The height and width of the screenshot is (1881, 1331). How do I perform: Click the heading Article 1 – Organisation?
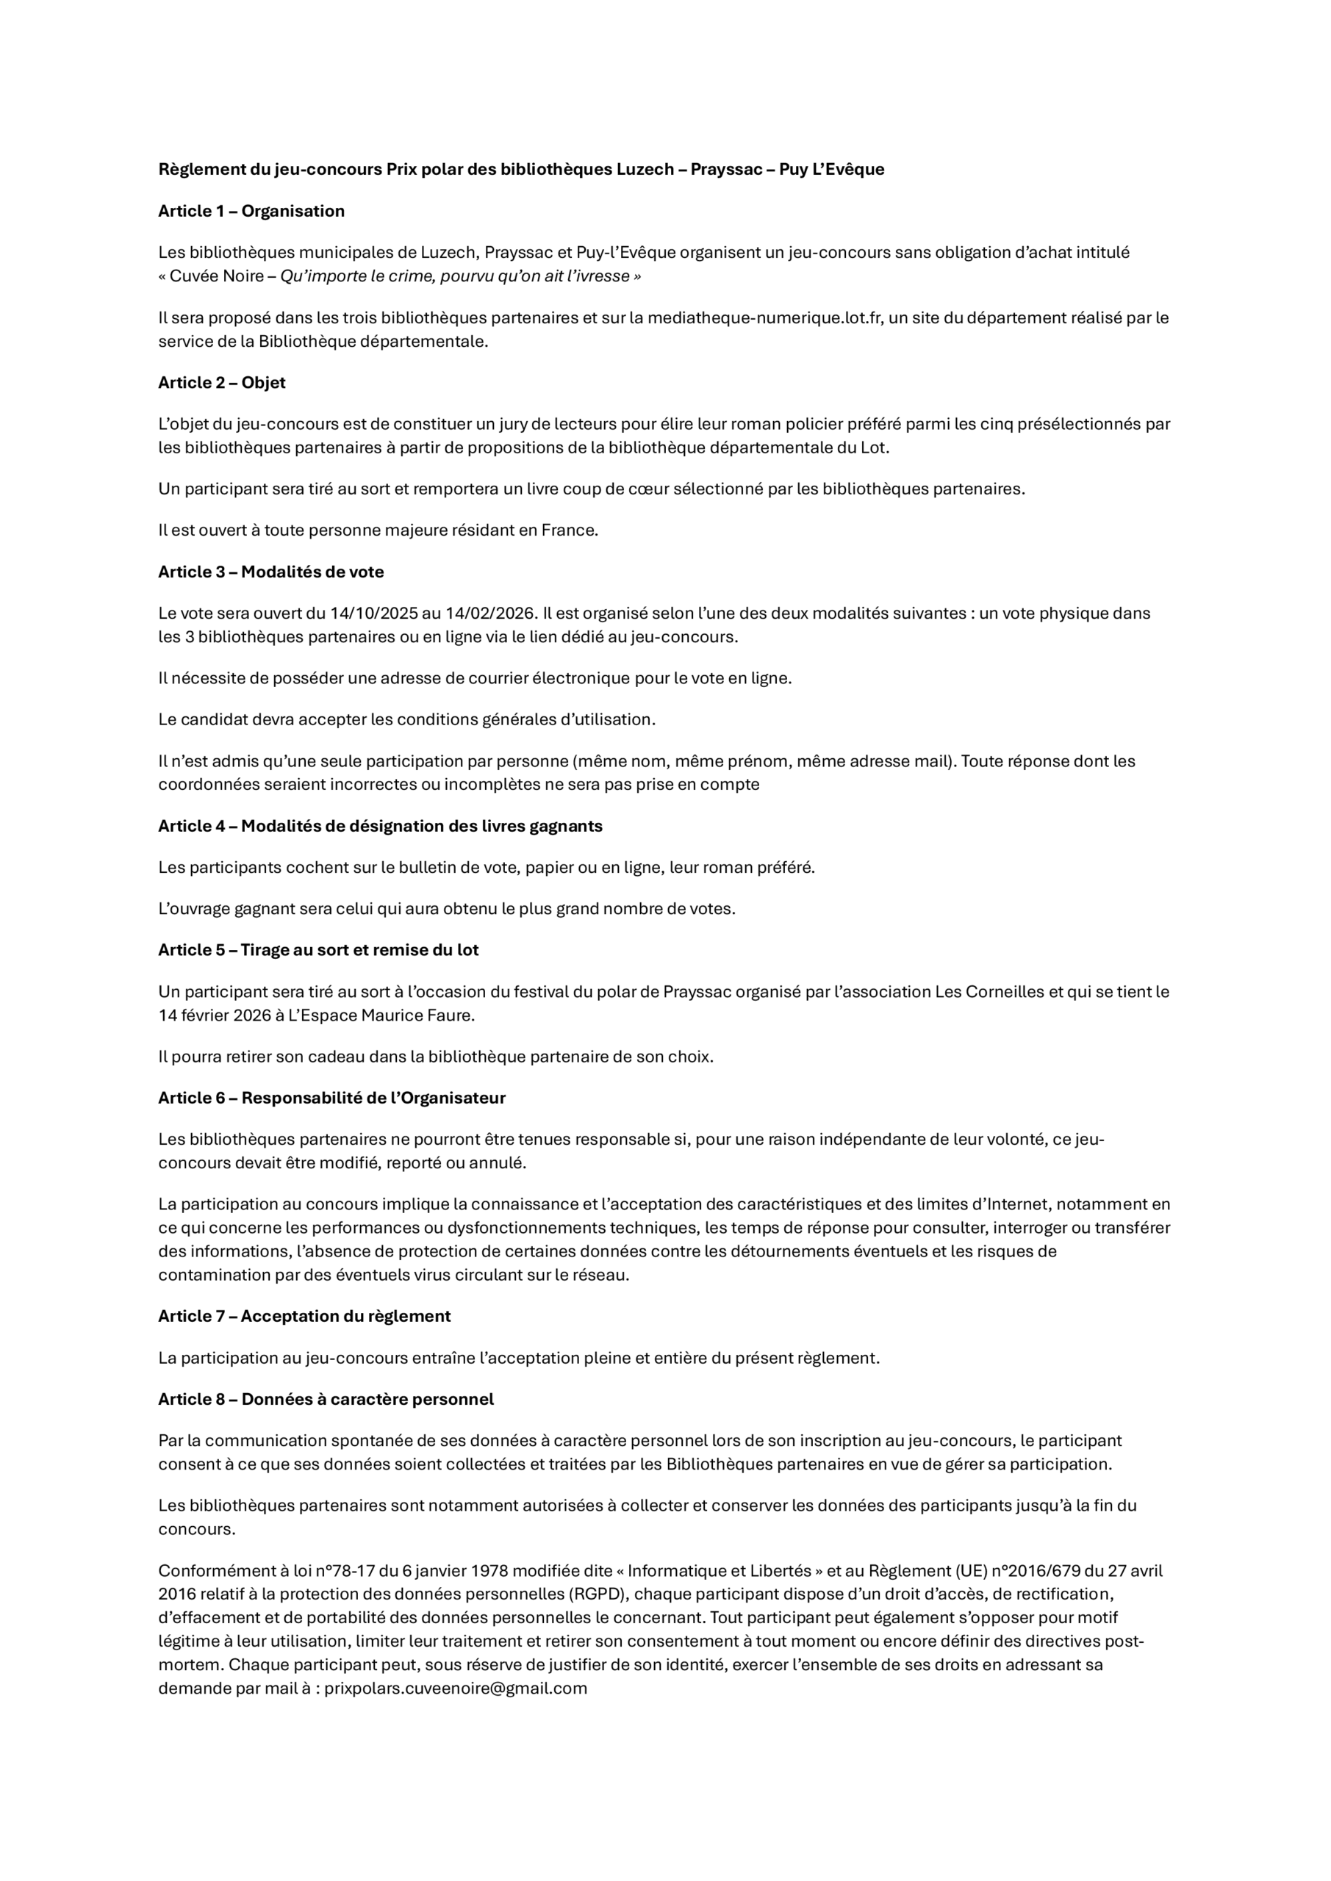point(251,212)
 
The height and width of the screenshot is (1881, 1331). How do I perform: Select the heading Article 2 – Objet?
point(221,383)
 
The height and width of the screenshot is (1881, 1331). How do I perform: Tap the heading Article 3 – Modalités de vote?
point(270,572)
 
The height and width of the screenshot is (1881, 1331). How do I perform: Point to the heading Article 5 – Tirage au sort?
point(318,949)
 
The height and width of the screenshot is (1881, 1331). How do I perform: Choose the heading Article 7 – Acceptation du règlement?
point(304,1316)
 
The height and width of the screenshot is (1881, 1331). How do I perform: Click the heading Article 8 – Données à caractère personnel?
point(326,1398)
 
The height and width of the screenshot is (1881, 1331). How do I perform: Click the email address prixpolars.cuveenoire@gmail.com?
point(456,1688)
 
